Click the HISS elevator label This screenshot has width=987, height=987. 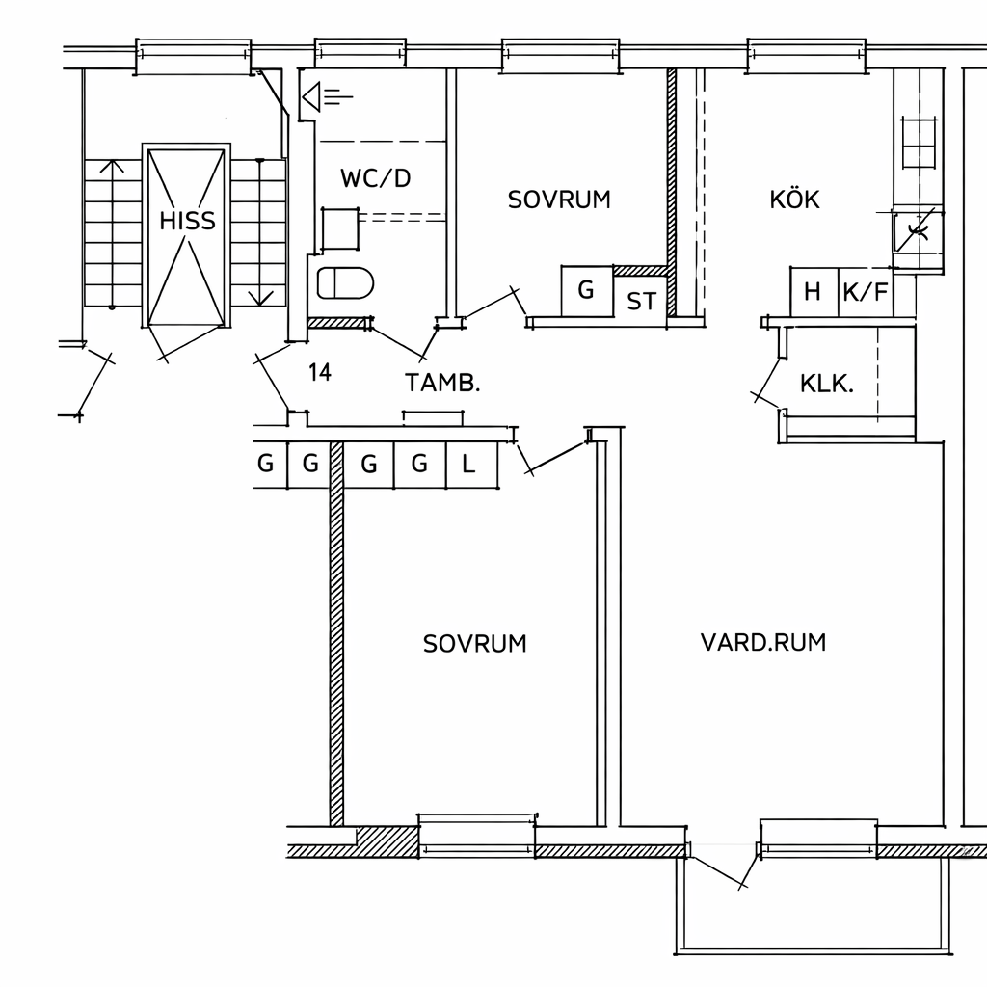point(187,221)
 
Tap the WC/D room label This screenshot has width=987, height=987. point(376,178)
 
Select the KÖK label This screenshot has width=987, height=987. point(794,199)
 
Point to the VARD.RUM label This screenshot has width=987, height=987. point(763,642)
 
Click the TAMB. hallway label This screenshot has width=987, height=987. point(442,383)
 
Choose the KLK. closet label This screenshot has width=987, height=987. point(826,384)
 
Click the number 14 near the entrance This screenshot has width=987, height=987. point(320,373)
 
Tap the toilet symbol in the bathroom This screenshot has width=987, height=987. point(345,282)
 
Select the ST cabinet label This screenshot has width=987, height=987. point(641,302)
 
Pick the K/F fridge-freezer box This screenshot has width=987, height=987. point(866,292)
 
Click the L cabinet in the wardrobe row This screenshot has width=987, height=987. point(471,465)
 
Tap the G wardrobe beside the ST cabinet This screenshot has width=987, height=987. point(587,291)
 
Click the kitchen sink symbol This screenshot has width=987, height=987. point(918,231)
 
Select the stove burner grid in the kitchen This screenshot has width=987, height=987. point(920,143)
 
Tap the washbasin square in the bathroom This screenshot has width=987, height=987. point(340,228)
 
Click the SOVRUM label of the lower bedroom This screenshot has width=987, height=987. point(474,643)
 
